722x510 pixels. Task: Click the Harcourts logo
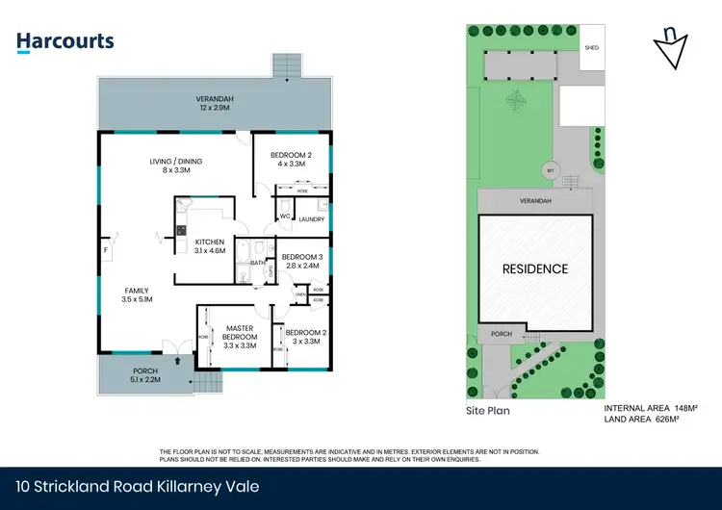pos(65,41)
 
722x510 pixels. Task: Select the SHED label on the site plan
pos(592,46)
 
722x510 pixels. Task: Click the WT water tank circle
pos(551,170)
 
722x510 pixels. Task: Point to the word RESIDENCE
pos(536,268)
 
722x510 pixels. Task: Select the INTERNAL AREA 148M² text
pos(650,408)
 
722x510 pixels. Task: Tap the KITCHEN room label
pos(209,245)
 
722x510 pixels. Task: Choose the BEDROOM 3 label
pos(301,261)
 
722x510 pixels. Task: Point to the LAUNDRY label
pos(311,218)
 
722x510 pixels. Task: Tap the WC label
pos(285,217)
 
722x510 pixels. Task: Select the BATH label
pos(258,262)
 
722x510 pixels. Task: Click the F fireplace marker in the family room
pos(106,250)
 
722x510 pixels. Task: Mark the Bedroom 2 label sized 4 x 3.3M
pos(291,159)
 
